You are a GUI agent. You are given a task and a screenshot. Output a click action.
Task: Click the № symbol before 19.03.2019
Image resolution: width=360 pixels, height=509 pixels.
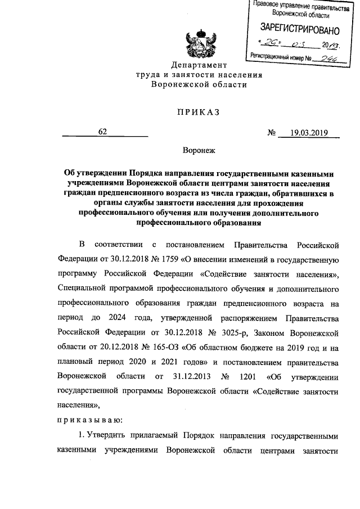(x=272, y=133)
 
